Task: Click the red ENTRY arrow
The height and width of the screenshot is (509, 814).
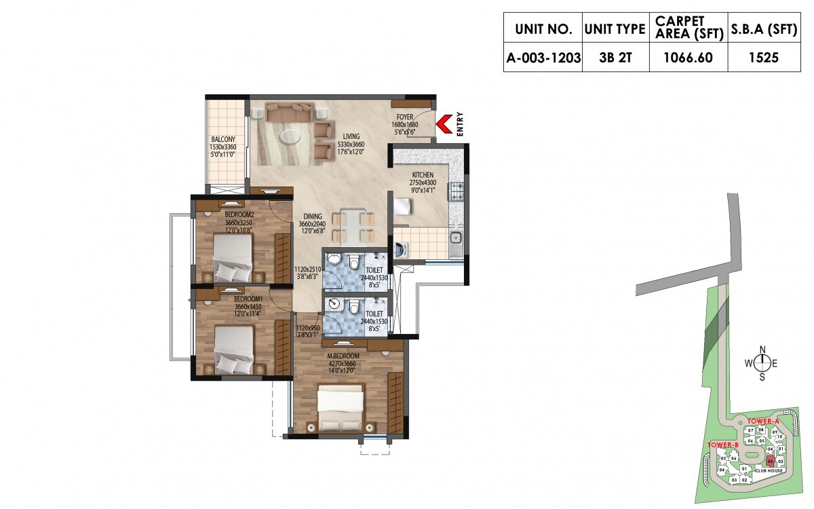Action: tap(444, 124)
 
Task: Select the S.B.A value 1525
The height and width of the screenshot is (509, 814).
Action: tap(764, 58)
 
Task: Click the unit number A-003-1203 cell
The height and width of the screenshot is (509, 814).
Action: tap(543, 58)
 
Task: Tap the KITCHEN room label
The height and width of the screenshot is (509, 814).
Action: tap(423, 175)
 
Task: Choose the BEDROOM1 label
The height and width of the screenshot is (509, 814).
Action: tap(248, 299)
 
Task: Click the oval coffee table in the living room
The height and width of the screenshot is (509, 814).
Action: tap(290, 135)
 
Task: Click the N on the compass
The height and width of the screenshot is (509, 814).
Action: tap(762, 350)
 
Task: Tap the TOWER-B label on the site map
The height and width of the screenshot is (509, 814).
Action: tap(722, 445)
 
